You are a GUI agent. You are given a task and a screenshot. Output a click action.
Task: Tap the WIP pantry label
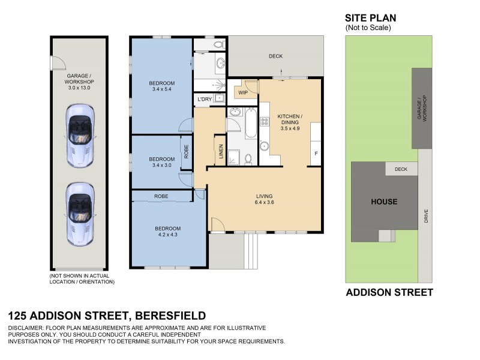coord(243,93)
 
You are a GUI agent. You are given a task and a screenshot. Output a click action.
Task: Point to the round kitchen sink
coord(264,146)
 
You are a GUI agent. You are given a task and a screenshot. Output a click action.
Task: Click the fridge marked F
coord(316,154)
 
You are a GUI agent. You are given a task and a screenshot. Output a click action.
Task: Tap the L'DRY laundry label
coord(203,98)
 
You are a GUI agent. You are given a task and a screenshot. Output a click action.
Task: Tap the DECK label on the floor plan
coord(275,56)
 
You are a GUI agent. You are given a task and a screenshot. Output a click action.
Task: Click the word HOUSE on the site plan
coord(383,202)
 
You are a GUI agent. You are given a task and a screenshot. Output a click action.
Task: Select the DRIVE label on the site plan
coord(426,216)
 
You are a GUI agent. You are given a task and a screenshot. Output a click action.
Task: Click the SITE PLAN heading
coord(370,19)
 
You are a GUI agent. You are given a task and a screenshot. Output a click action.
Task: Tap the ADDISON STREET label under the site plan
coord(389,293)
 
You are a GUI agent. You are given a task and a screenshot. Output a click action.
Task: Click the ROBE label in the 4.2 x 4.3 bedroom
coord(161,196)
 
